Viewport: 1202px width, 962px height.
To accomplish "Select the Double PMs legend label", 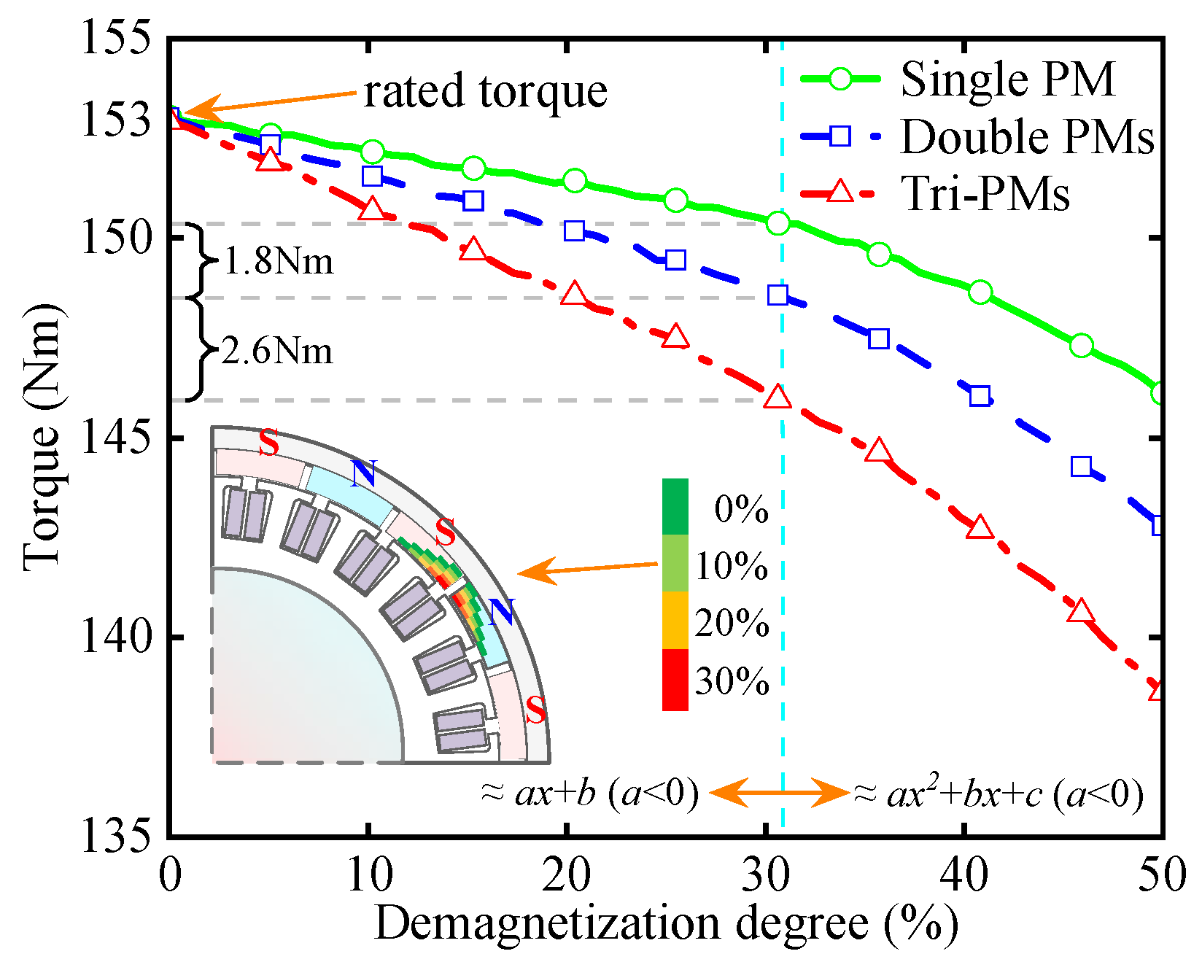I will [1027, 136].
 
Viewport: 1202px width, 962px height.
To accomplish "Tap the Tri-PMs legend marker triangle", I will [840, 192].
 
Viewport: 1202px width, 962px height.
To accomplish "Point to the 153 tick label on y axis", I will [117, 120].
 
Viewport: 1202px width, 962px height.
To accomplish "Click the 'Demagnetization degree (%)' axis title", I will [665, 924].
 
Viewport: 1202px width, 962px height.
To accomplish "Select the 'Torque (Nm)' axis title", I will [42, 438].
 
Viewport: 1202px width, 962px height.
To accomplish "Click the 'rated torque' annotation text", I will [485, 92].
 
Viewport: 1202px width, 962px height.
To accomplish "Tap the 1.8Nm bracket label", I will [278, 261].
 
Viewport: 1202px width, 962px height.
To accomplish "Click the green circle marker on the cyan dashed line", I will [778, 223].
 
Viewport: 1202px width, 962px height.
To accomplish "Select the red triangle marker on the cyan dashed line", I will [778, 397].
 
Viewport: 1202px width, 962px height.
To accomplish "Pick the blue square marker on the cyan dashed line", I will [778, 295].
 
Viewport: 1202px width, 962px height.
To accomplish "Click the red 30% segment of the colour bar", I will [675, 679].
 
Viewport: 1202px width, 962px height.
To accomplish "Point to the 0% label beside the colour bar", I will [741, 509].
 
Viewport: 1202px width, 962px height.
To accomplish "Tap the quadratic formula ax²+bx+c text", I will [998, 794].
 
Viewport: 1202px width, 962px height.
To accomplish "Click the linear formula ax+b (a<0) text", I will [589, 793].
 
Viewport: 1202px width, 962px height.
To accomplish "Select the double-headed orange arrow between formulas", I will [779, 793].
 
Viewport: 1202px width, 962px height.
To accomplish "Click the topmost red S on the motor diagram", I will [268, 443].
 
